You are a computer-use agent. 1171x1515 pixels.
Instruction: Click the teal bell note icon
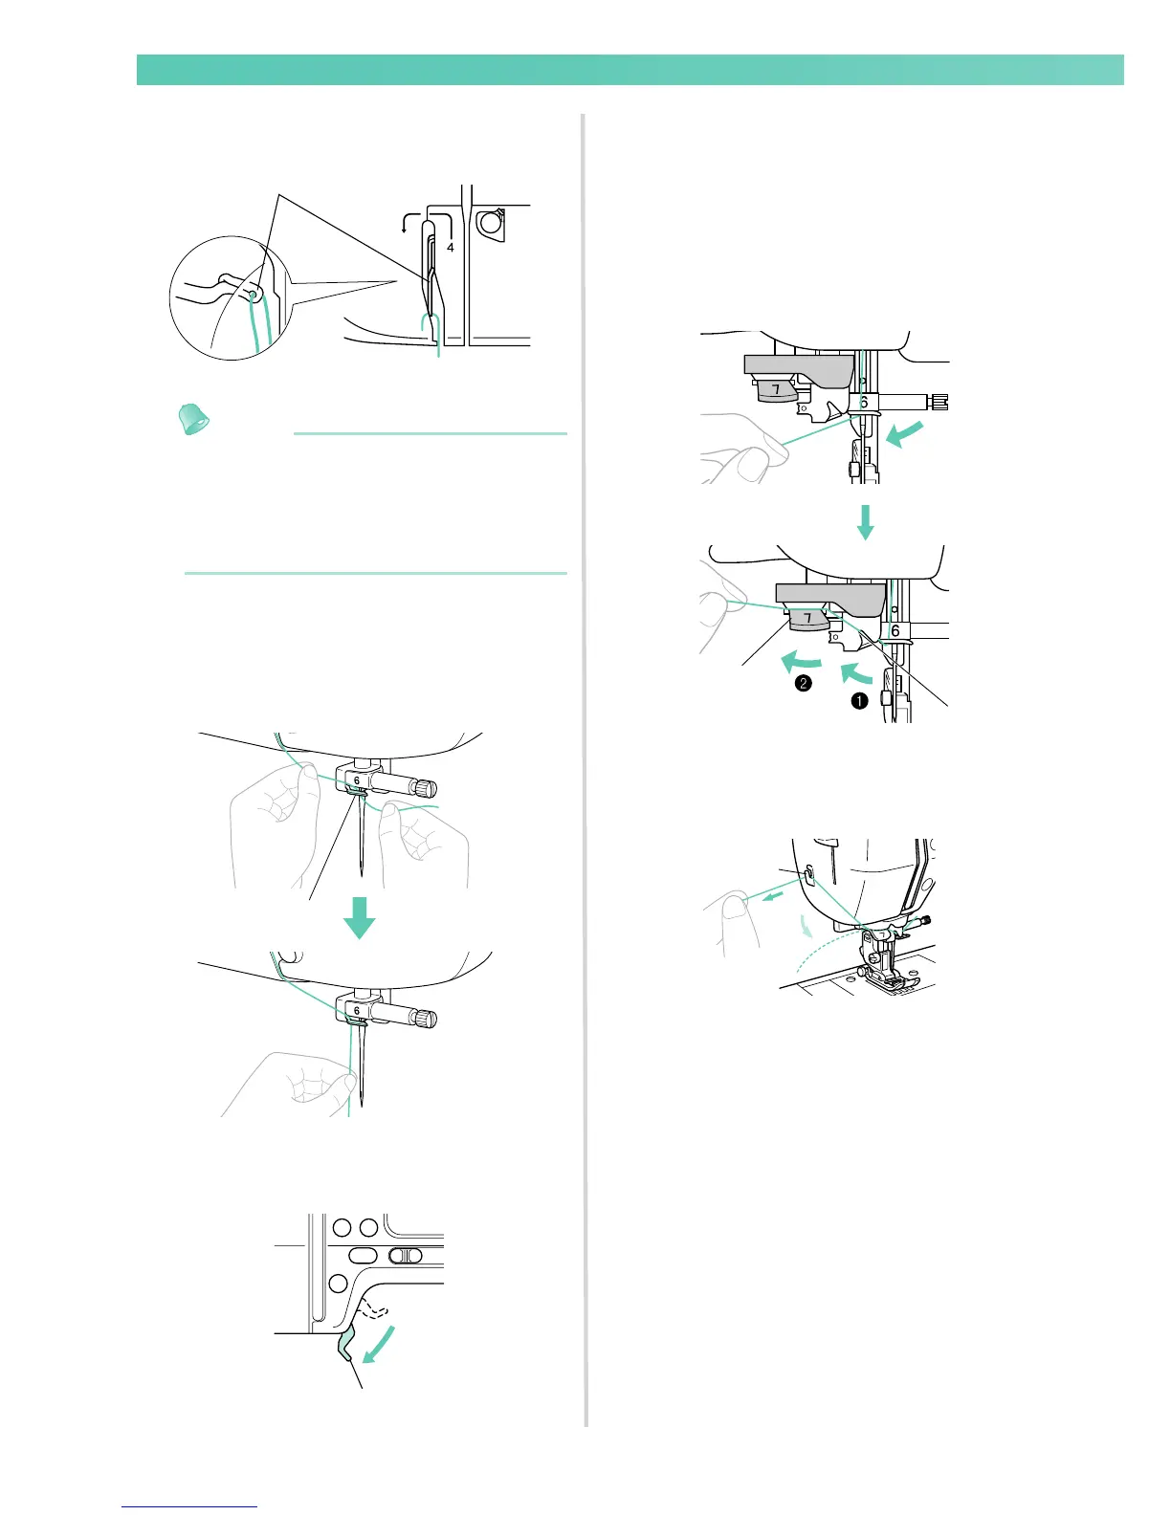(196, 419)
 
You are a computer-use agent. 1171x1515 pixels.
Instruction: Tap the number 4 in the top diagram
(450, 247)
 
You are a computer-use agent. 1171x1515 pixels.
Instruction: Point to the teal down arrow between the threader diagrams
(865, 522)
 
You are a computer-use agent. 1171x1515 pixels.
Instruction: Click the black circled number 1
(859, 700)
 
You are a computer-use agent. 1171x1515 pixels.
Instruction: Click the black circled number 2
(804, 683)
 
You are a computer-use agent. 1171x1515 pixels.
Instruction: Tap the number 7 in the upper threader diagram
(776, 390)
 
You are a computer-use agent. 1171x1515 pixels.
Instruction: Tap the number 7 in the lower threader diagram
(808, 619)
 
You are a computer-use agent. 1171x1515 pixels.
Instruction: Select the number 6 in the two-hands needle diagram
(357, 780)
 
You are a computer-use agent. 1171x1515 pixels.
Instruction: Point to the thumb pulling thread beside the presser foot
(733, 904)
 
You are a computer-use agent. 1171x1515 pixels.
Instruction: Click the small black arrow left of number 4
(405, 226)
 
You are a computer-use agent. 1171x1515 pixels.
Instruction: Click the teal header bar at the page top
(630, 70)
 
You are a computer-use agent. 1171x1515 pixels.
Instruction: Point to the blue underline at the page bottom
(189, 1506)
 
